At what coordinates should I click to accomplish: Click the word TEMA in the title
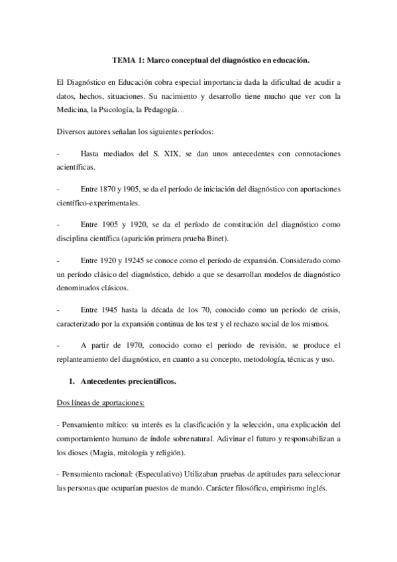tap(123, 60)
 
